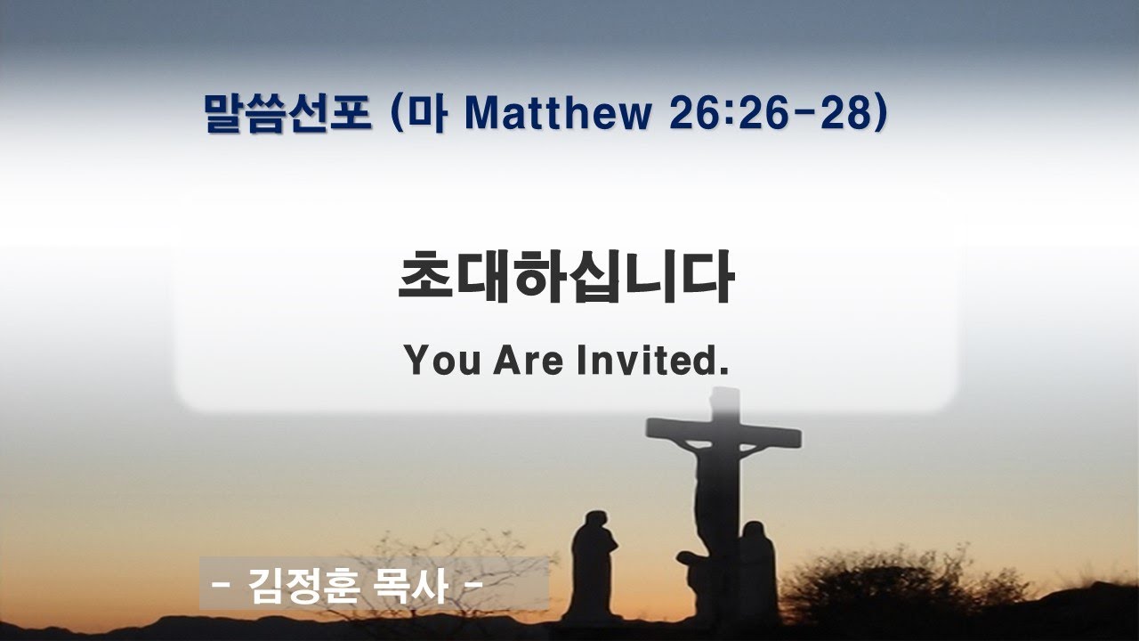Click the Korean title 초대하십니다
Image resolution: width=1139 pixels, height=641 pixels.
coord(566,276)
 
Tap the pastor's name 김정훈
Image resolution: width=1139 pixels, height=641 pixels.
coord(303,585)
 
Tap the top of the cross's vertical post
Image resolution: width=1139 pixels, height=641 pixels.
coord(725,389)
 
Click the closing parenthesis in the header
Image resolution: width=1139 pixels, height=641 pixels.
coord(881,113)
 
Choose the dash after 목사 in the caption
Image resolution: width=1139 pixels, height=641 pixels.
coord(474,585)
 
